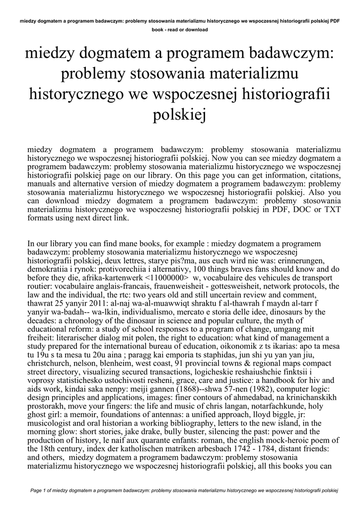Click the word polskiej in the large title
tap(180, 116)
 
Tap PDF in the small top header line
tap(334, 21)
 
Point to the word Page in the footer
tap(37, 491)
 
